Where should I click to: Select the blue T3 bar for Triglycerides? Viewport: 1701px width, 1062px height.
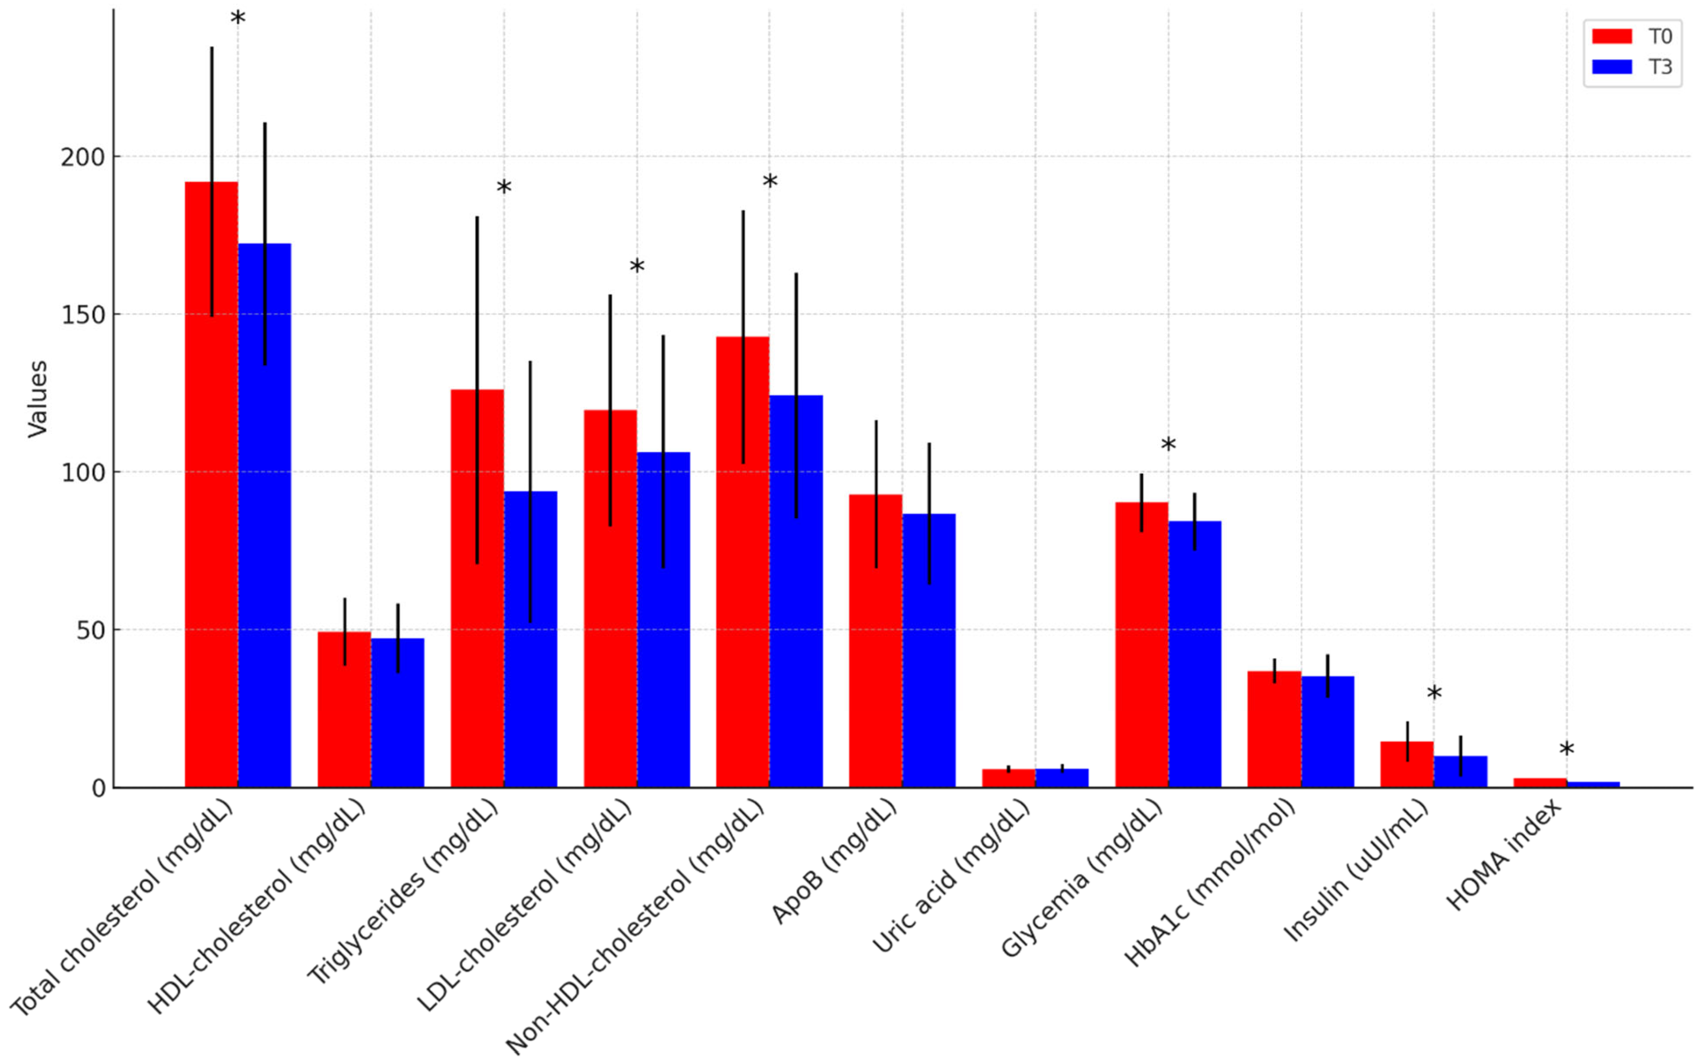(530, 646)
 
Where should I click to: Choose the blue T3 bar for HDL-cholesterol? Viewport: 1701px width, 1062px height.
(398, 716)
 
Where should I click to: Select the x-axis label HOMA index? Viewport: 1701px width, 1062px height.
(1504, 856)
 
